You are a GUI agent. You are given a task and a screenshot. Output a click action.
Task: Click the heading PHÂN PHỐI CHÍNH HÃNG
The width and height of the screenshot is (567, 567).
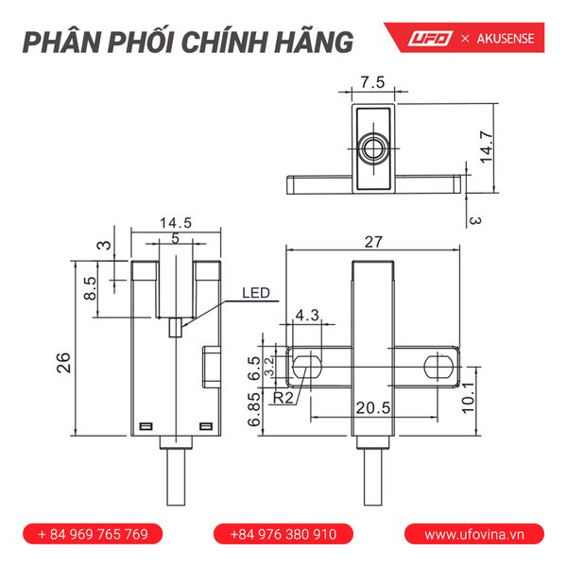coord(188,43)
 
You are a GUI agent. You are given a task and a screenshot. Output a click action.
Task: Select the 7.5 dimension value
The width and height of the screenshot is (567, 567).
coord(372,82)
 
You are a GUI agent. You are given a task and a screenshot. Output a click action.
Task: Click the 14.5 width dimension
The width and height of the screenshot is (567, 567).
coord(176,224)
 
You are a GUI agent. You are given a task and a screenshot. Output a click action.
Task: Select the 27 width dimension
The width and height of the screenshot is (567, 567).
coord(373,242)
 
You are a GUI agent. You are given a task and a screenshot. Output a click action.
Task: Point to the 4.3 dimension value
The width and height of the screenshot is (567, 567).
coord(308,315)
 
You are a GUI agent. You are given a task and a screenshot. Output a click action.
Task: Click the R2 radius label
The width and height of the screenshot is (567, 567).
coord(283,398)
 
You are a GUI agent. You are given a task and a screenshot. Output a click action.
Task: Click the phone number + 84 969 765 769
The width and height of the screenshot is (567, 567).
coord(93,534)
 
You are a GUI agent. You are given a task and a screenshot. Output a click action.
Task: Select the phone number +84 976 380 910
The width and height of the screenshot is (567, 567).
coord(283,534)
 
